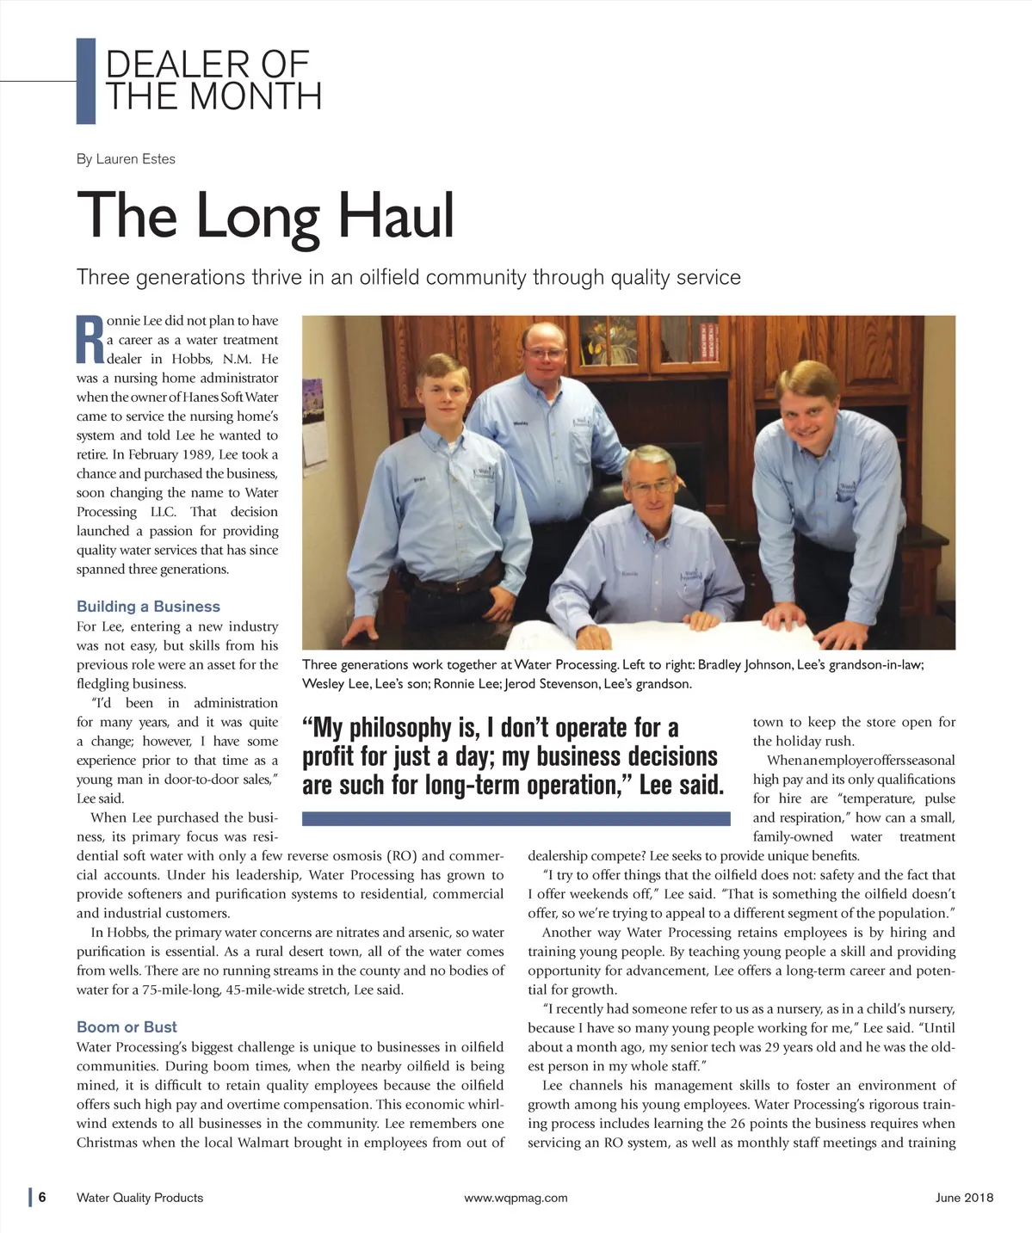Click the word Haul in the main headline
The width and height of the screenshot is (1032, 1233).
[395, 215]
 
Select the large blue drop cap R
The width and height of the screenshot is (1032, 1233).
[90, 339]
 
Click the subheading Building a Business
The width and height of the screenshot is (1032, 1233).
[148, 607]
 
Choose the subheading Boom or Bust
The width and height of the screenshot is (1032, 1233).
[127, 1027]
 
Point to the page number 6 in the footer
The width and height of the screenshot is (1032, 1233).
[41, 1198]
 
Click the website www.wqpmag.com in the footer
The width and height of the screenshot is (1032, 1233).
[516, 1198]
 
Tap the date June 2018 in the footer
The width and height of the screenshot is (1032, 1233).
[964, 1198]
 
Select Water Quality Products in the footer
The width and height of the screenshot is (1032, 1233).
[139, 1198]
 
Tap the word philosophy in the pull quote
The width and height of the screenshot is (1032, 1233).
[412, 728]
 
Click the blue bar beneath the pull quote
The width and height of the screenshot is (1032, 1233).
[516, 819]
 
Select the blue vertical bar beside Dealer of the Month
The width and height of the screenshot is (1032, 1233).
[86, 81]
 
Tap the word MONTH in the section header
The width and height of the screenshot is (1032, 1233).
[256, 96]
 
